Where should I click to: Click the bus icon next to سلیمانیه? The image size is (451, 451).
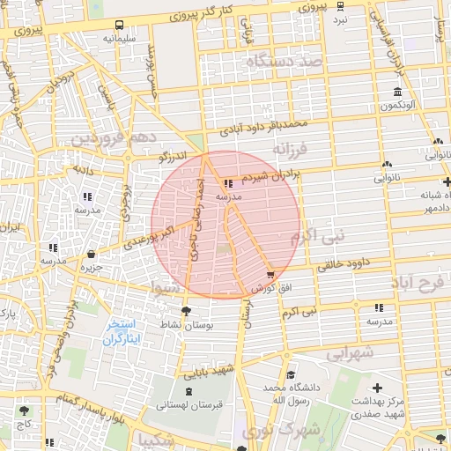click(x=119, y=25)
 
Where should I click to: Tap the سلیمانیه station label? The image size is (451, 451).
click(x=119, y=39)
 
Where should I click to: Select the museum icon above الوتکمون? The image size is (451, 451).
click(x=398, y=92)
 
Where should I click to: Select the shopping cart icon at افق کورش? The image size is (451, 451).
click(x=269, y=275)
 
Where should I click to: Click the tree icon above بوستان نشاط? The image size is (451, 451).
click(x=185, y=311)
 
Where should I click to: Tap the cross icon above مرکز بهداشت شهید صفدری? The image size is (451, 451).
click(x=377, y=388)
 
